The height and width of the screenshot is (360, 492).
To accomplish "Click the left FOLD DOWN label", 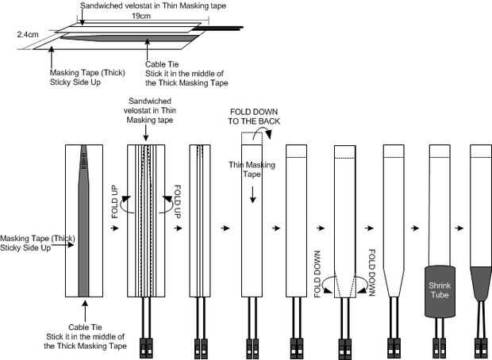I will tap(316, 273).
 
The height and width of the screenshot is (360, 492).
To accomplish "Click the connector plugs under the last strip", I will tap(482, 346).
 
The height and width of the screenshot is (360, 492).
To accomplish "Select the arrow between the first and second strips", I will tap(115, 227).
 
